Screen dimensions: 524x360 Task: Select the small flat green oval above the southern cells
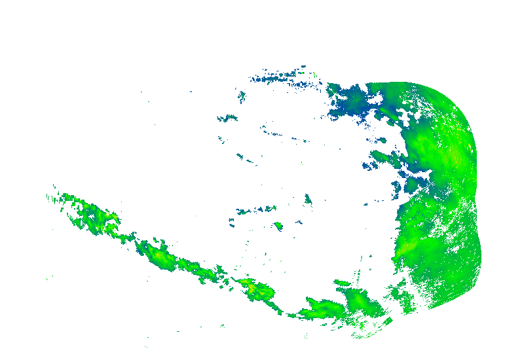point(342,283)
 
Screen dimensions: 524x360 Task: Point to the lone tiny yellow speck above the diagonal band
point(196,215)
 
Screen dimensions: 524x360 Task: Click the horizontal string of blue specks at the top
point(278,78)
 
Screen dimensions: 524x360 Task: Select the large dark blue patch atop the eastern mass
point(354,101)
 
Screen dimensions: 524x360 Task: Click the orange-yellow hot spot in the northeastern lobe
point(455,157)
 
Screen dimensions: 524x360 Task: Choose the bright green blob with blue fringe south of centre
point(278,226)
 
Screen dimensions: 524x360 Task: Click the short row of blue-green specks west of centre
point(252,210)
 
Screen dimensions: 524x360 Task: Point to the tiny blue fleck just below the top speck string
point(242,98)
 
